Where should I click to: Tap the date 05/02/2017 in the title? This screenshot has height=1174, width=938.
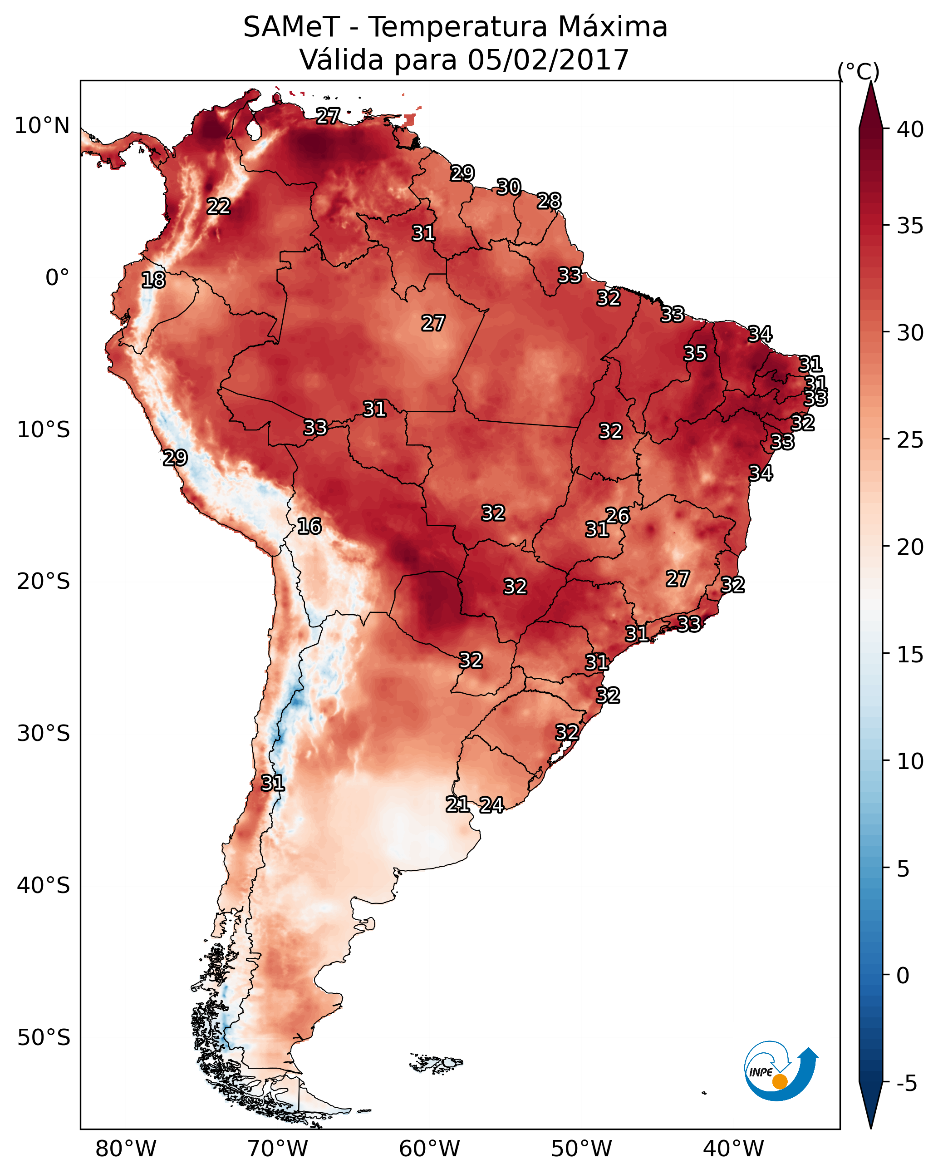[548, 60]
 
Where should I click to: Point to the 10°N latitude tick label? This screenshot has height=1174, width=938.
[42, 126]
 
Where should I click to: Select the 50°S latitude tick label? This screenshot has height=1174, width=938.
[44, 1038]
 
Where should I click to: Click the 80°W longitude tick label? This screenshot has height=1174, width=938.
[126, 1149]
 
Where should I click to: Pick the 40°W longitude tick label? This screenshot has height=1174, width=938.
[733, 1149]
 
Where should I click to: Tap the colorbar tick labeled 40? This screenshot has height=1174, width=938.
[910, 129]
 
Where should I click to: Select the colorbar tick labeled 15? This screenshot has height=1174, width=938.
[910, 655]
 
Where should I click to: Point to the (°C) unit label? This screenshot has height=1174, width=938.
[858, 71]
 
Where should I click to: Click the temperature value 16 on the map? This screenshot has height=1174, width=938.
[309, 527]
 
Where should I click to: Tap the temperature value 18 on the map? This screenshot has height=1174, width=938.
[153, 281]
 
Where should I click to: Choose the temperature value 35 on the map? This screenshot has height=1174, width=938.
[695, 353]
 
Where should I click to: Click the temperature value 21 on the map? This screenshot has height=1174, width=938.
[457, 804]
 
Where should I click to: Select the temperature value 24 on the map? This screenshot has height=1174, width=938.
[491, 805]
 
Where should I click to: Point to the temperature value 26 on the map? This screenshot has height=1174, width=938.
[617, 516]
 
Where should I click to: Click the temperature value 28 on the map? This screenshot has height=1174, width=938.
[549, 202]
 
